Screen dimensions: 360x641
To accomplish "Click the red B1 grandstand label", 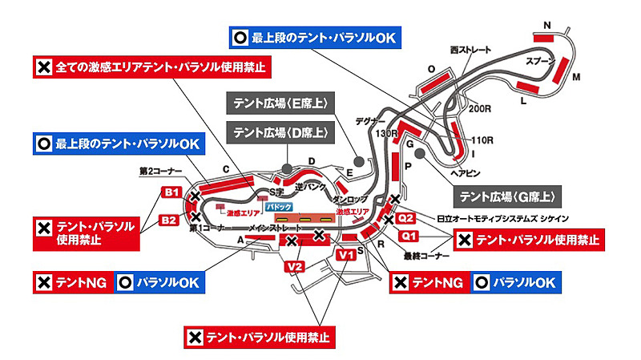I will tap(171, 192).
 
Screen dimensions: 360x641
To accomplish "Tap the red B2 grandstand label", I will tap(169, 220).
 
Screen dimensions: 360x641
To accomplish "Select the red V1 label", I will tap(346, 255).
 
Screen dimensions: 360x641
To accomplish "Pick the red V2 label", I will tap(294, 265).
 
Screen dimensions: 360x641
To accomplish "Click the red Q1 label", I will tap(409, 236).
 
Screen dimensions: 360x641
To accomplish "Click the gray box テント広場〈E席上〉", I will tap(281, 103).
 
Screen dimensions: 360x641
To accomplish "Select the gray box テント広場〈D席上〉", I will tap(280, 131).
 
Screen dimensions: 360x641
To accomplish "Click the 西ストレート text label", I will tap(470, 50).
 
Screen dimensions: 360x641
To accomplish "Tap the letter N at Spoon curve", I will tap(547, 25).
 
